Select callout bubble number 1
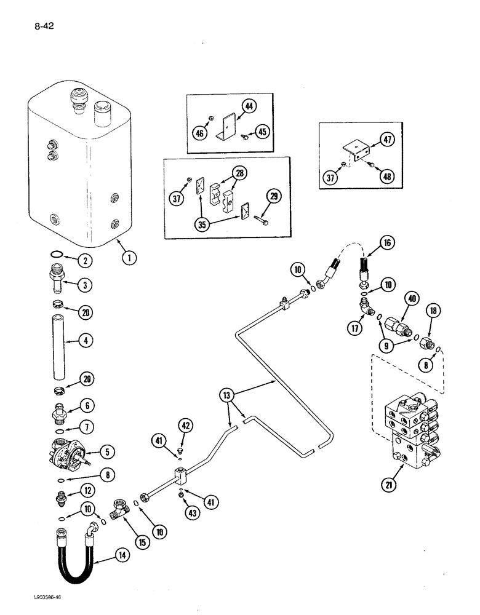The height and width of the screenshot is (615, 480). [x=129, y=258]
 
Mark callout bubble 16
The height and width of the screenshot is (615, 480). [x=386, y=244]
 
